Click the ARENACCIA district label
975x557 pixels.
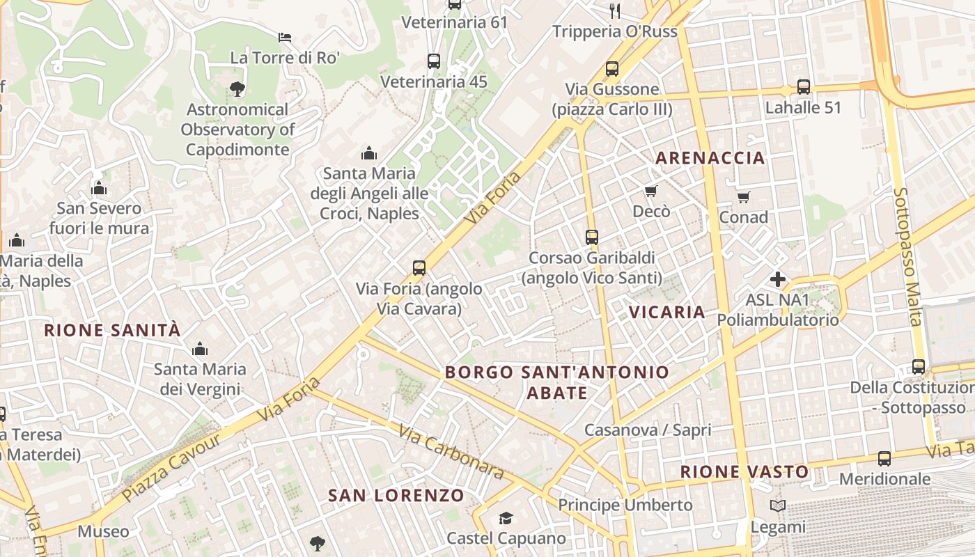[x=710, y=158]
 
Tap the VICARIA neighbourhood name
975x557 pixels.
[x=667, y=312]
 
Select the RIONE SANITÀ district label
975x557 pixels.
[x=112, y=330]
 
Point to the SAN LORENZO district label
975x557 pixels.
[x=396, y=496]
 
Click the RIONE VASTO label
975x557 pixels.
[x=744, y=472]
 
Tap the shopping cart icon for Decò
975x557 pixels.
[x=651, y=191]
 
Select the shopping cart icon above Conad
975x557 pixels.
[x=744, y=197]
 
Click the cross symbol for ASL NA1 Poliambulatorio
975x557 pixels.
[x=778, y=279]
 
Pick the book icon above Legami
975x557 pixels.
[x=778, y=506]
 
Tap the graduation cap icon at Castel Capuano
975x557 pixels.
[x=506, y=518]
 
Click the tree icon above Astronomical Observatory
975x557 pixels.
[x=237, y=88]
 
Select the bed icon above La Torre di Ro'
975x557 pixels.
[x=284, y=37]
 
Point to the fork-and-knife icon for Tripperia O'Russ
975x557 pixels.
[x=614, y=10]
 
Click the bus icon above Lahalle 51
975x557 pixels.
[x=804, y=87]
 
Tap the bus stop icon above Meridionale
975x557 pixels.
[x=884, y=458]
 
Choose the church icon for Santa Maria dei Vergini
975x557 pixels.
[x=200, y=348]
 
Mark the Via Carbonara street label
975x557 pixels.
[x=451, y=452]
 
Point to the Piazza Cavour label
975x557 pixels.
[x=171, y=467]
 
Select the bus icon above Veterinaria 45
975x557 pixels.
[x=434, y=61]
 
